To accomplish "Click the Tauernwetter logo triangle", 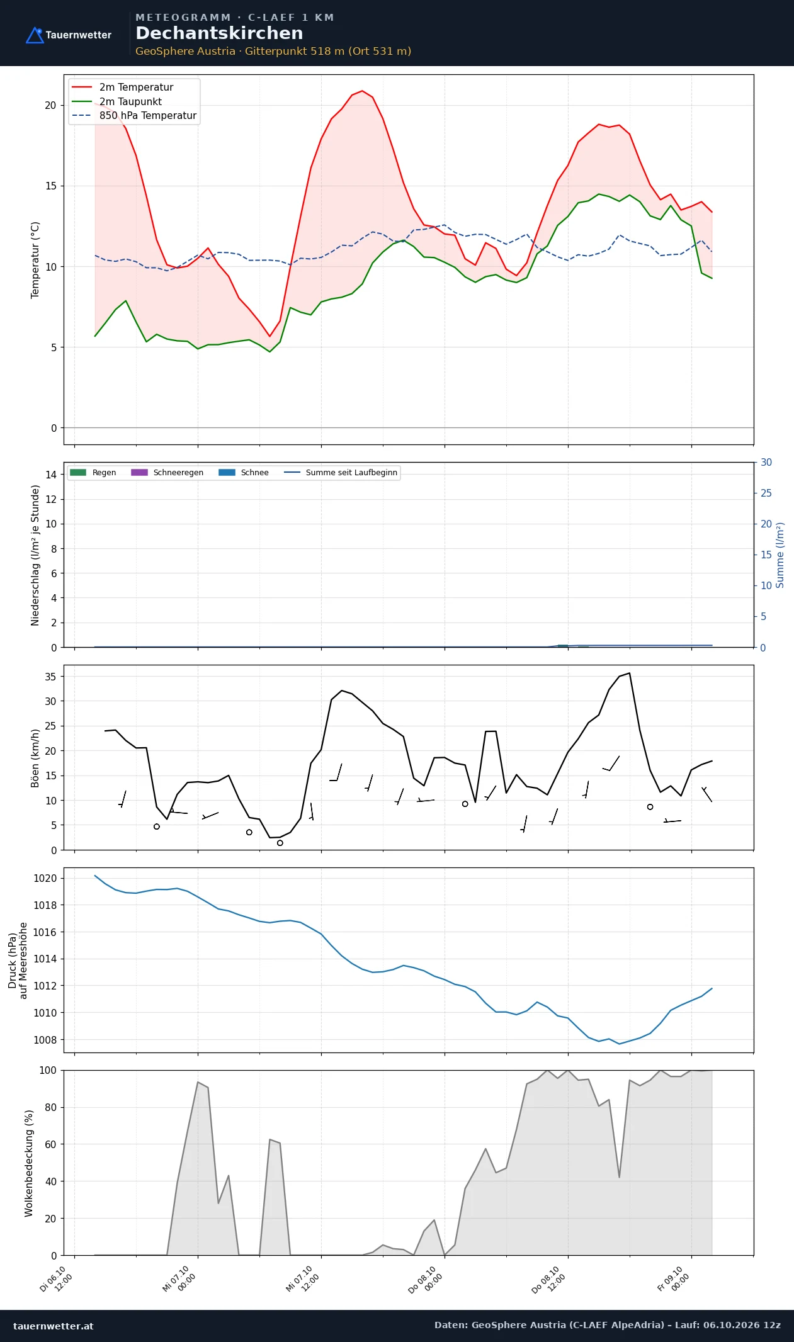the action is tap(35, 35).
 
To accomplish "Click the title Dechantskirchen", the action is tap(219, 33).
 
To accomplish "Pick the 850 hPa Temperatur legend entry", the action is tap(134, 116).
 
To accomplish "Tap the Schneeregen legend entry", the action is tap(167, 473).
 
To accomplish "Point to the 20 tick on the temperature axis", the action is tap(50, 105).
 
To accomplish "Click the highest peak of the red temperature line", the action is tap(362, 91).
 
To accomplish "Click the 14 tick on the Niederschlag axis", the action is tap(51, 475).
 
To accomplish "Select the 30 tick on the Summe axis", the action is tap(766, 463).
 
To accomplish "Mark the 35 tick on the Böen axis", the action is tap(50, 677).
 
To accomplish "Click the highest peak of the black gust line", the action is tap(629, 673).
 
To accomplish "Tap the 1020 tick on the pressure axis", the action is tap(45, 878).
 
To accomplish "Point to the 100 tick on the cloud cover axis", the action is tap(48, 1070).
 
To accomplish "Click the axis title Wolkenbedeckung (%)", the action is tap(29, 1163).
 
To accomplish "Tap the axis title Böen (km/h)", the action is tap(35, 758).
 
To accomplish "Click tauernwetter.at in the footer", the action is tap(54, 1326).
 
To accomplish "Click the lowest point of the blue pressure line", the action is tap(619, 1044).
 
